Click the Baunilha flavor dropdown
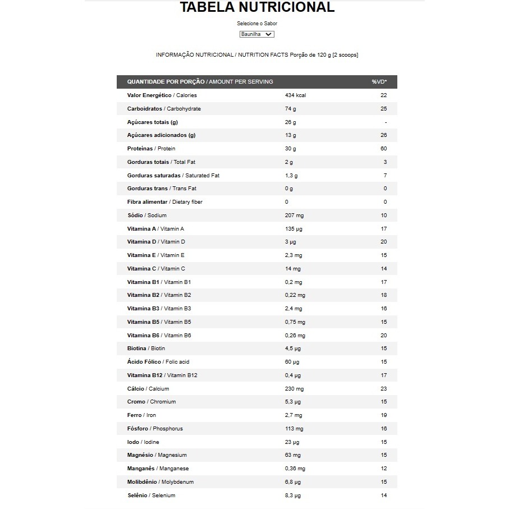pyautogui.click(x=256, y=34)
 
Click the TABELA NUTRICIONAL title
pyautogui.click(x=257, y=8)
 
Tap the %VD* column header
pyautogui.click(x=379, y=82)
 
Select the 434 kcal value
pyautogui.click(x=295, y=95)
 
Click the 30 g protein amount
pyautogui.click(x=290, y=149)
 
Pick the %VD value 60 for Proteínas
pyautogui.click(x=384, y=149)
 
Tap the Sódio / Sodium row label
pyautogui.click(x=147, y=215)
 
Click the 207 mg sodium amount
pyautogui.click(x=294, y=215)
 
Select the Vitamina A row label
pyautogui.click(x=155, y=229)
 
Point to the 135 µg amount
pyautogui.click(x=294, y=229)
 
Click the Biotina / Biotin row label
pyautogui.click(x=146, y=348)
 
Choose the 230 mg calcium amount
pyautogui.click(x=294, y=389)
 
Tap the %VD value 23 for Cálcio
pyautogui.click(x=384, y=389)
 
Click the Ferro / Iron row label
pyautogui.click(x=141, y=415)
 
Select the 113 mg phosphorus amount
pyautogui.click(x=294, y=429)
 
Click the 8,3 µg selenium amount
pyautogui.click(x=293, y=496)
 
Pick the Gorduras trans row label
pyautogui.click(x=162, y=189)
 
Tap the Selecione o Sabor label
pyautogui.click(x=257, y=24)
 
